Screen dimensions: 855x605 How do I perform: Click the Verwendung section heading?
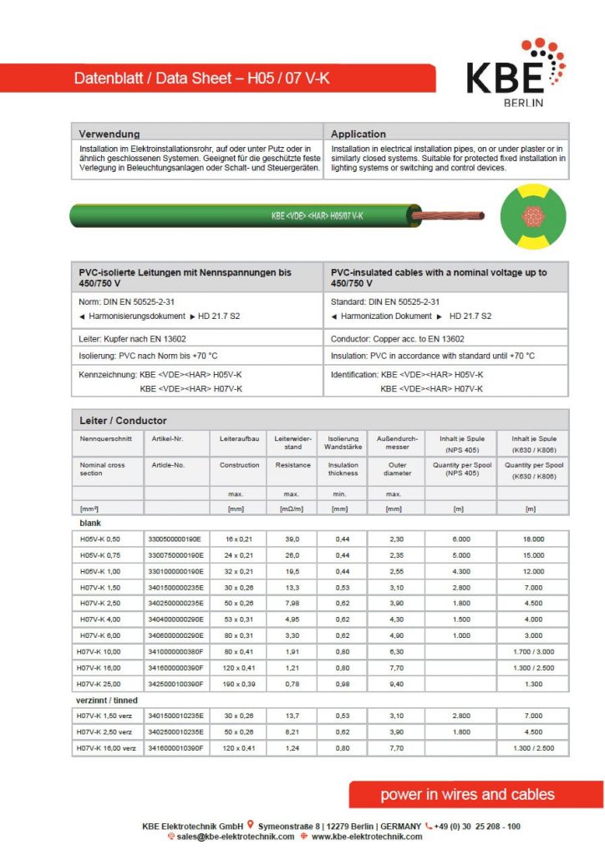pyautogui.click(x=109, y=134)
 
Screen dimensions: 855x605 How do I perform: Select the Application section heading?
pyautogui.click(x=358, y=134)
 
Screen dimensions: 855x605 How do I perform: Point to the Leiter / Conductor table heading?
pyautogui.click(x=123, y=420)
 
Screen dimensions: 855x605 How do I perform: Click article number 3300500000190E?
pyautogui.click(x=175, y=539)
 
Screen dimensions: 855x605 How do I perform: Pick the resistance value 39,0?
pyautogui.click(x=292, y=539)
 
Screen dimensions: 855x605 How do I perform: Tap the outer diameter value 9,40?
pyautogui.click(x=397, y=684)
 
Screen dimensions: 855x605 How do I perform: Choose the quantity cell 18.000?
pyautogui.click(x=532, y=539)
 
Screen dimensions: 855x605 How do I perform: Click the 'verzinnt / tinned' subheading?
pyautogui.click(x=109, y=701)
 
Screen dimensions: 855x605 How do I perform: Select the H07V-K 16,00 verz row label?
pyautogui.click(x=106, y=748)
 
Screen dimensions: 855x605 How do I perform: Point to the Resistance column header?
pyautogui.click(x=292, y=464)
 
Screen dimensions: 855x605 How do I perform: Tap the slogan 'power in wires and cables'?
pyautogui.click(x=467, y=794)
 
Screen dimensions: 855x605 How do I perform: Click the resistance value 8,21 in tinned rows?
pyautogui.click(x=292, y=732)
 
